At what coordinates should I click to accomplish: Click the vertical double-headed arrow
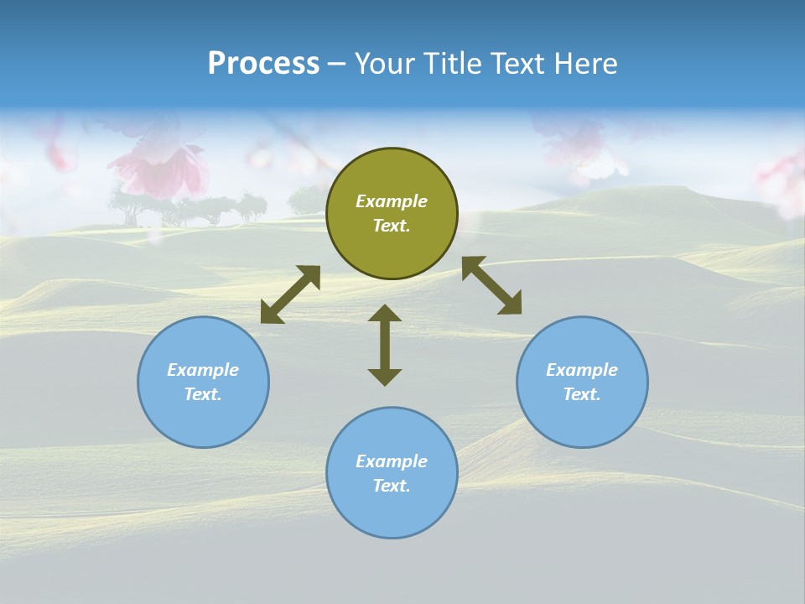point(385,345)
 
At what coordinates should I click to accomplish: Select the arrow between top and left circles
point(290,294)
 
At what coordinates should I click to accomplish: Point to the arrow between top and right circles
point(491,285)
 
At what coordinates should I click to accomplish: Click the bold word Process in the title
point(263,64)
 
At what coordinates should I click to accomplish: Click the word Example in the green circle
point(392,201)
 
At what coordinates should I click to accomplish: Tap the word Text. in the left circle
point(203,394)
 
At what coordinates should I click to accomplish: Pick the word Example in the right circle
point(582,370)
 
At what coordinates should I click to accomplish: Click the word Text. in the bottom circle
point(392,486)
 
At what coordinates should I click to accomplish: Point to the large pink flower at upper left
point(159,168)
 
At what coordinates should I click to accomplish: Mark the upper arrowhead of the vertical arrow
point(385,315)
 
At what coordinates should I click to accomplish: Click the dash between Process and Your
point(336,64)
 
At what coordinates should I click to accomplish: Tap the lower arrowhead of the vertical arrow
point(385,376)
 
